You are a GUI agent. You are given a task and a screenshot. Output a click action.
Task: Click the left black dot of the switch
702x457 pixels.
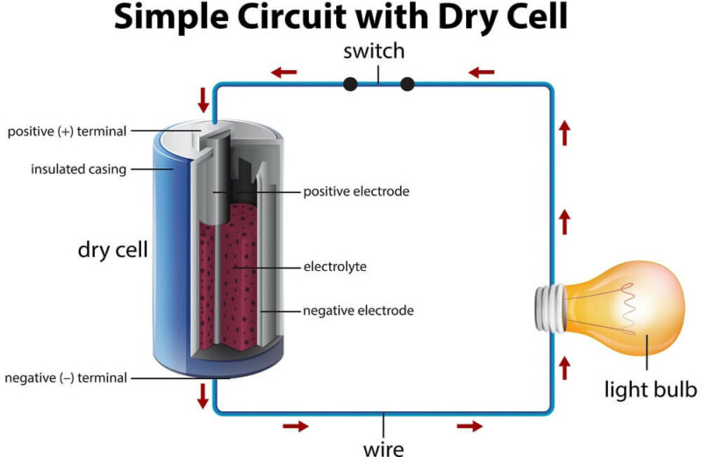[350, 84]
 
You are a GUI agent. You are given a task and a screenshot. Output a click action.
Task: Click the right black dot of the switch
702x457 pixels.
[407, 84]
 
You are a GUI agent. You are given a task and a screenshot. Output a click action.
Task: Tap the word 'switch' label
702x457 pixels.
[374, 51]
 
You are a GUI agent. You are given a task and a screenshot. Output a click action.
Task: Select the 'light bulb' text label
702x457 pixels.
[650, 389]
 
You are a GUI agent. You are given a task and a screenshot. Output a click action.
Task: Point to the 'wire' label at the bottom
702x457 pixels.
[383, 449]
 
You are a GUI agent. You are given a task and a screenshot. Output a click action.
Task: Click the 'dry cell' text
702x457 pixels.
[113, 249]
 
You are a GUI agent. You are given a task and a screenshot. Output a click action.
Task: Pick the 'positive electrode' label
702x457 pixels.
[356, 191]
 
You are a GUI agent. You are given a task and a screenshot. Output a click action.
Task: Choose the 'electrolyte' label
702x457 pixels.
[335, 267]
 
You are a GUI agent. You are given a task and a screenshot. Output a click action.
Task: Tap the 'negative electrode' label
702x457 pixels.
[358, 311]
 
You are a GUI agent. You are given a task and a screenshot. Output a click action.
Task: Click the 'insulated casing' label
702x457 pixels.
[79, 169]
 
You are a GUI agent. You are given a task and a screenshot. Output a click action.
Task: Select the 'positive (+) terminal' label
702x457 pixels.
[68, 132]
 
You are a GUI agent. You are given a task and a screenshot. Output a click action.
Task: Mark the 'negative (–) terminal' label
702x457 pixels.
[66, 378]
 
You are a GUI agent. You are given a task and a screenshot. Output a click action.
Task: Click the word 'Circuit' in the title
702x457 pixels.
[290, 17]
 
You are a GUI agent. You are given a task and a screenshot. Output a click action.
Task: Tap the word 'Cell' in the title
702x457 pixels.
[536, 17]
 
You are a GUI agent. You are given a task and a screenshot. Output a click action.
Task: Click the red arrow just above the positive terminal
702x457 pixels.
[204, 100]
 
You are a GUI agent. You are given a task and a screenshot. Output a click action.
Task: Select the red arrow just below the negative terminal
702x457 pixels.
[203, 396]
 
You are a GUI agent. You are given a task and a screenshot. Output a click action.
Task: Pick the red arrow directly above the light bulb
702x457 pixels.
[565, 222]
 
